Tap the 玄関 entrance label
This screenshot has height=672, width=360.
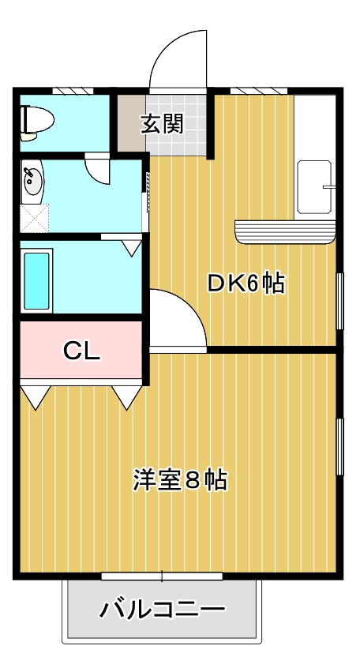163,124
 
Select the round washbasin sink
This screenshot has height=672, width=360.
33,181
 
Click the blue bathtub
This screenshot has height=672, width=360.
37,280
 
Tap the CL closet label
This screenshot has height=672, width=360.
81,351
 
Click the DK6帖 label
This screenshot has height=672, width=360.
245,283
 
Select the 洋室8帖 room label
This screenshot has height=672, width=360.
180,479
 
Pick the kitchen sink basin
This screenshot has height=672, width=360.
313,188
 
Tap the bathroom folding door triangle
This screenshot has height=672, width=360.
131,246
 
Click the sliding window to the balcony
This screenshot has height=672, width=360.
162,576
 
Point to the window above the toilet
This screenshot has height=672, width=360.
67,92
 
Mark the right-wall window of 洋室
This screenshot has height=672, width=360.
339,448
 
